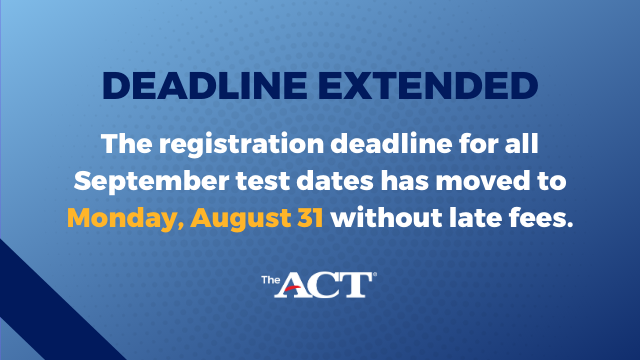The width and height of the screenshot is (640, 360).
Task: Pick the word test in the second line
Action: pos(255,181)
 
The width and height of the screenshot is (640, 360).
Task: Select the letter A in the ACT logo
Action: pos(299,286)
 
